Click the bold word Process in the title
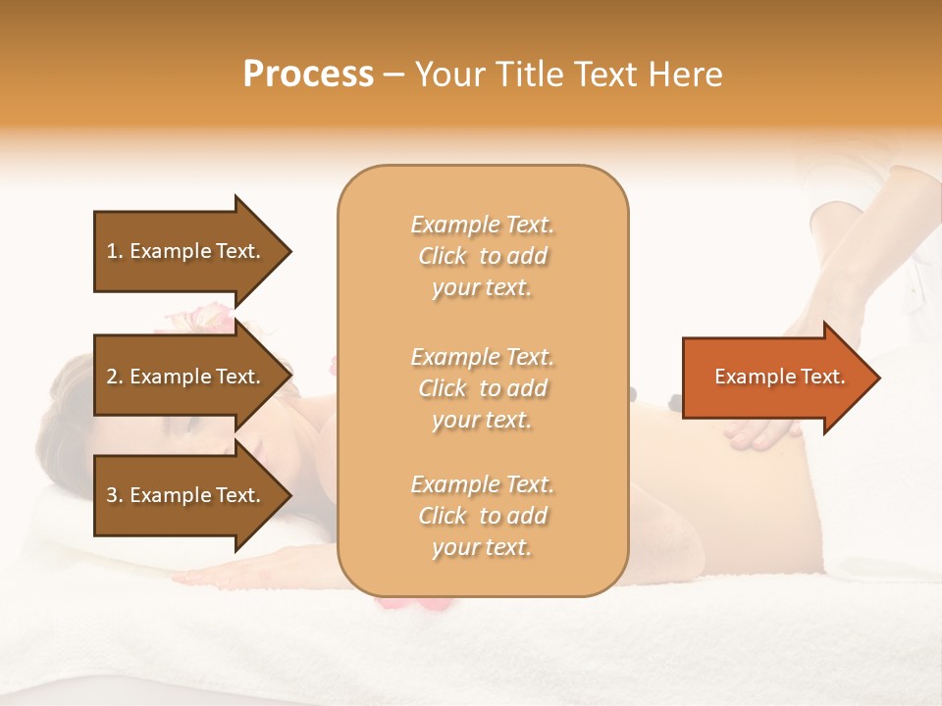308,75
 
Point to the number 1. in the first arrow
115,251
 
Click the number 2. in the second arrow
115,377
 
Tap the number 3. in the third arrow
115,495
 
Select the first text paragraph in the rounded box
482,256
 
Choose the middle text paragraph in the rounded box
482,388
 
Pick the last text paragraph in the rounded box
482,516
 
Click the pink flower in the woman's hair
201,317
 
